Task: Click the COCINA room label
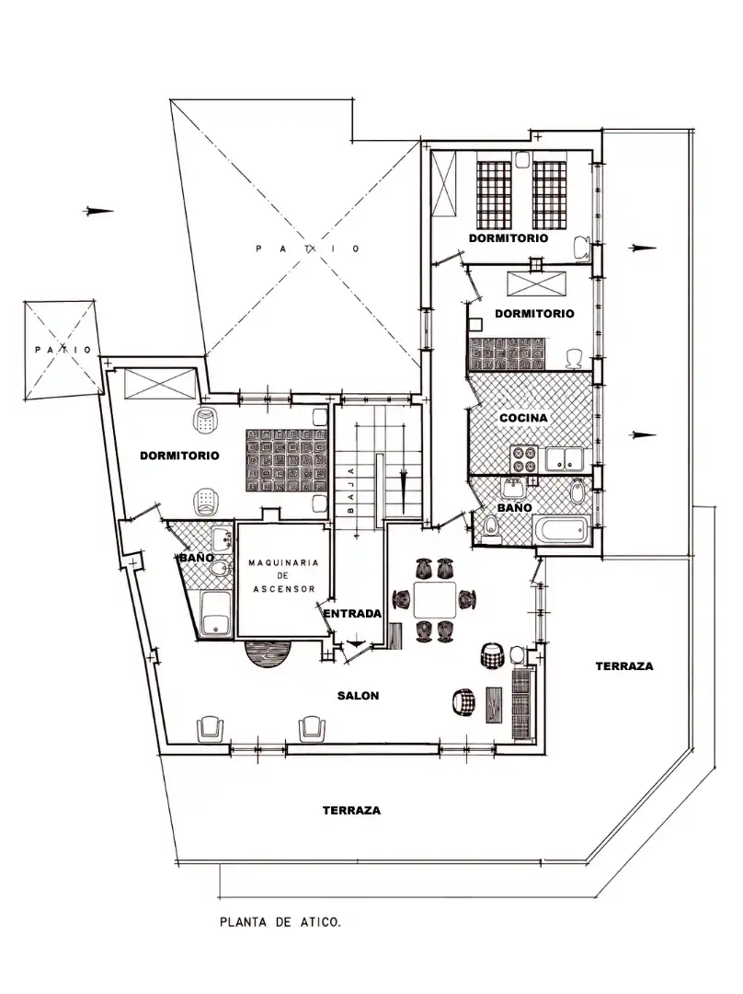click(523, 418)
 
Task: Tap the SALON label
click(358, 696)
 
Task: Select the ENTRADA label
click(352, 614)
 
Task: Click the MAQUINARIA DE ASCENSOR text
click(283, 575)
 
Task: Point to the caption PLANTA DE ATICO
click(280, 922)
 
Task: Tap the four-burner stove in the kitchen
click(524, 459)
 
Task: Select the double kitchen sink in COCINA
click(565, 459)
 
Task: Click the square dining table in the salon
click(435, 599)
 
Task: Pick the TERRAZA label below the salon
click(351, 810)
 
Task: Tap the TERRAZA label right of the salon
click(623, 666)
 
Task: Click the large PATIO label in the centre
click(308, 248)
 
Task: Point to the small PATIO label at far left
click(63, 350)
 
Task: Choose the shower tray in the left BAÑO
click(216, 613)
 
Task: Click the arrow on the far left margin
click(98, 211)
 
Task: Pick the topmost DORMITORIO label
click(508, 238)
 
